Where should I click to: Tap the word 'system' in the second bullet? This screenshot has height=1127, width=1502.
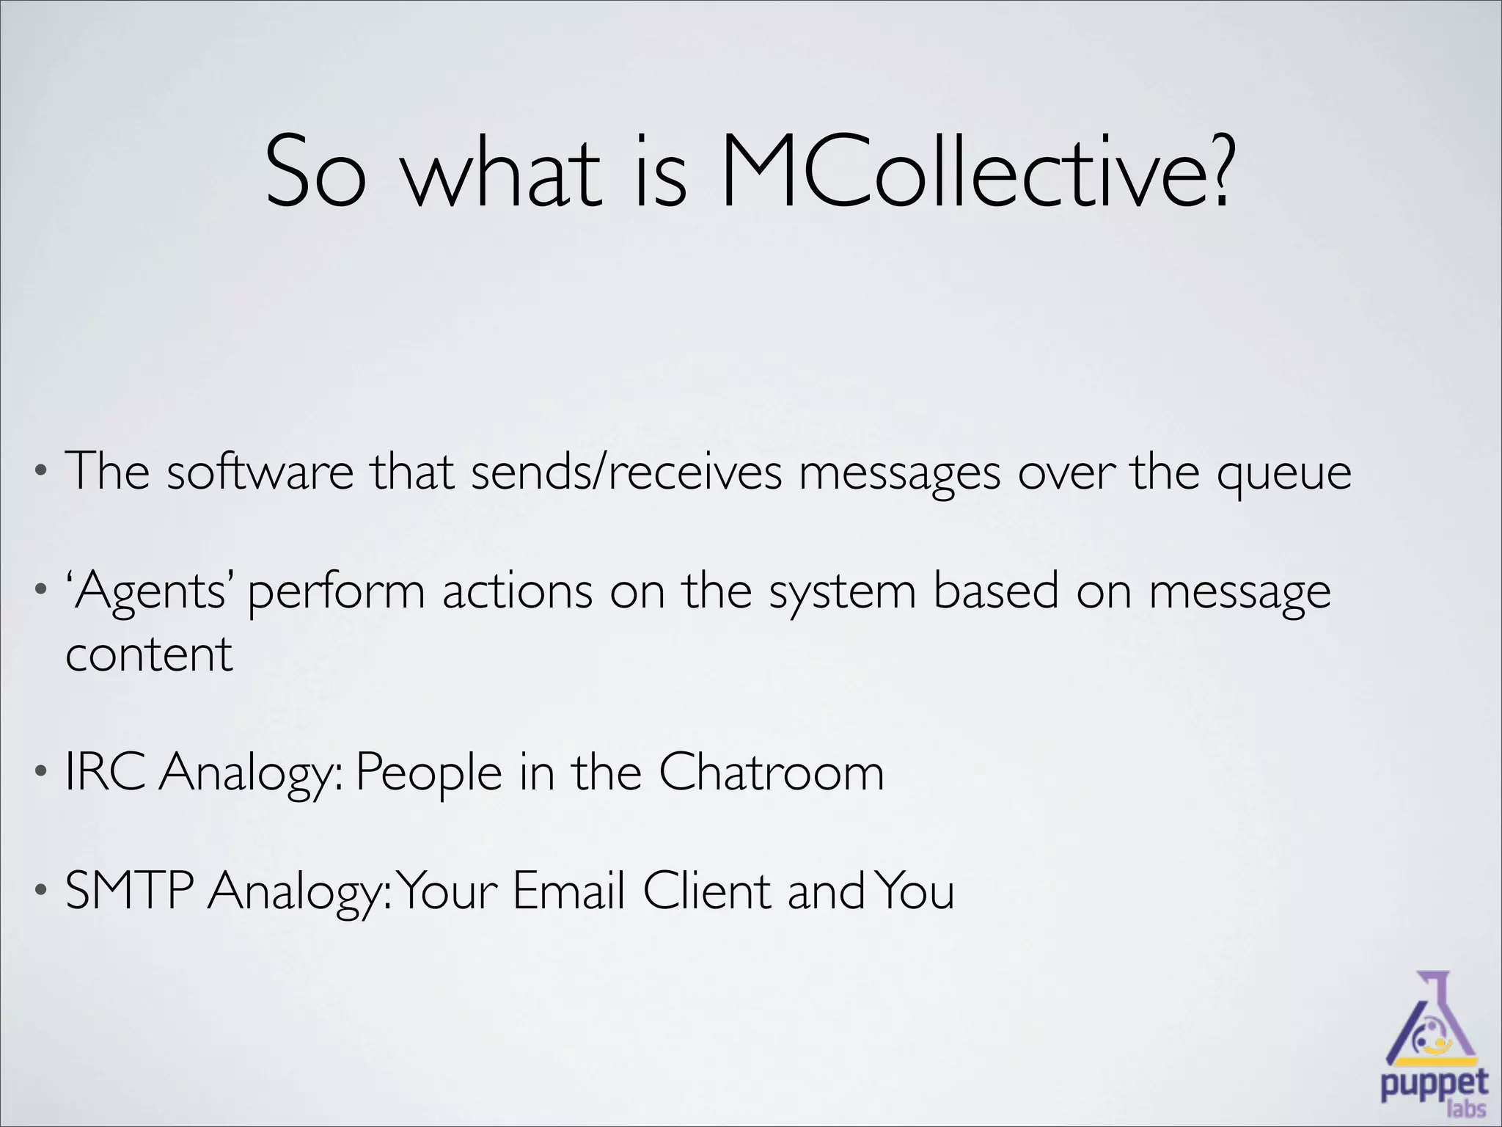843,593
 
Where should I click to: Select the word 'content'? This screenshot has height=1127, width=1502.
149,654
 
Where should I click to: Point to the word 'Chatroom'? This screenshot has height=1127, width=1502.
772,772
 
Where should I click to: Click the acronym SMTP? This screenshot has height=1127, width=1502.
129,891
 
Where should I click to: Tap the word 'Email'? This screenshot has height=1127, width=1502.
569,891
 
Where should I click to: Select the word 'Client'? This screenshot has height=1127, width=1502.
707,891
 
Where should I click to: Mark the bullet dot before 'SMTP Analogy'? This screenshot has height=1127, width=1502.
42,891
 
